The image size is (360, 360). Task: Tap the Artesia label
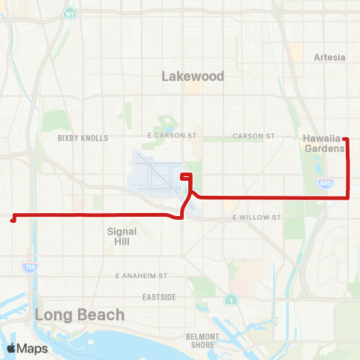pyautogui.click(x=330, y=57)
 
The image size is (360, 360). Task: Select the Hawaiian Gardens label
pyautogui.click(x=325, y=143)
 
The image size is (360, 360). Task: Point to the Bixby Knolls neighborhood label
pyautogui.click(x=82, y=138)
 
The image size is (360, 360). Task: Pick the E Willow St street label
pyautogui.click(x=256, y=217)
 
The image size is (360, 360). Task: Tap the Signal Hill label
pyautogui.click(x=122, y=237)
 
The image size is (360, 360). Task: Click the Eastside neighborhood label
pyautogui.click(x=160, y=297)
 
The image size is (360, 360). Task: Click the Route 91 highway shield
pyautogui.click(x=69, y=13)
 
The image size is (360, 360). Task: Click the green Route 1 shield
pyautogui.click(x=230, y=300)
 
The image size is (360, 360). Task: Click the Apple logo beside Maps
pyautogui.click(x=11, y=348)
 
